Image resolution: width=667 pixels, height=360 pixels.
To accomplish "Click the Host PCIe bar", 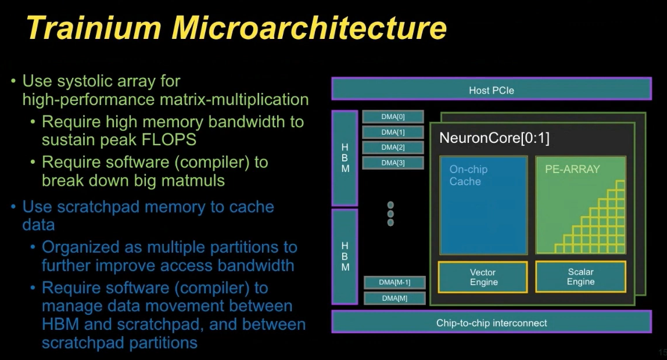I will (491, 89).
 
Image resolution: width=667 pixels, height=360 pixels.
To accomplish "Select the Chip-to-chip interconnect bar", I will (491, 322).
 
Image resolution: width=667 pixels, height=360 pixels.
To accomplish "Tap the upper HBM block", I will (345, 158).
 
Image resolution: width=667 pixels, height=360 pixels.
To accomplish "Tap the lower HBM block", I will (345, 257).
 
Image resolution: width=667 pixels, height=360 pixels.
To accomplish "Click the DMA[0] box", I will (393, 117).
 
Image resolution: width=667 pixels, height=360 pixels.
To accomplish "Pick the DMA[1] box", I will (393, 132).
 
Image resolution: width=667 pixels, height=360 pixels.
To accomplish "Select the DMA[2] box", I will (393, 147).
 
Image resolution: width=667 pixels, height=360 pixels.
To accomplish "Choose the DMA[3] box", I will (393, 163).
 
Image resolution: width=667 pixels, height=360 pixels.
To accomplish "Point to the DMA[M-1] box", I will (395, 282).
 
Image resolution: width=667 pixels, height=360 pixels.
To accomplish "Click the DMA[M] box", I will (395, 298).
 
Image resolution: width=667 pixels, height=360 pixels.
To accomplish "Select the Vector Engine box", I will (483, 277).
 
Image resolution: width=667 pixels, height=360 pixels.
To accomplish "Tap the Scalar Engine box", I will (580, 276).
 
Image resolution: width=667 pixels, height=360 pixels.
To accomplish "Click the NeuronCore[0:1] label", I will (494, 138).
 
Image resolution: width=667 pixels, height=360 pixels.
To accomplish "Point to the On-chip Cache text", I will (468, 175).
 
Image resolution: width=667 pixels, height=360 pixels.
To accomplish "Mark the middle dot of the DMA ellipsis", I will (390, 214).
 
